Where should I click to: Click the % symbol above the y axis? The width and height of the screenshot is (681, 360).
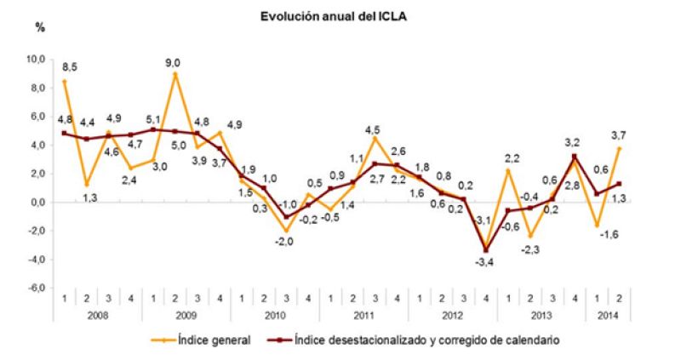(x=39, y=27)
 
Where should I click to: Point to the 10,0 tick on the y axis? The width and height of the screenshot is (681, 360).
(x=37, y=60)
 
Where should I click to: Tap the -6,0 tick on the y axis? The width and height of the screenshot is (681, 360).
(x=37, y=289)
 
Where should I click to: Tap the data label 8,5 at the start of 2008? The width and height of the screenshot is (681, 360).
(x=72, y=66)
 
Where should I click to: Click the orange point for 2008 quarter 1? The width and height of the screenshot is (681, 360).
(x=64, y=81)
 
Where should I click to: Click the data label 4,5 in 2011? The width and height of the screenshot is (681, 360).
(x=373, y=129)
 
